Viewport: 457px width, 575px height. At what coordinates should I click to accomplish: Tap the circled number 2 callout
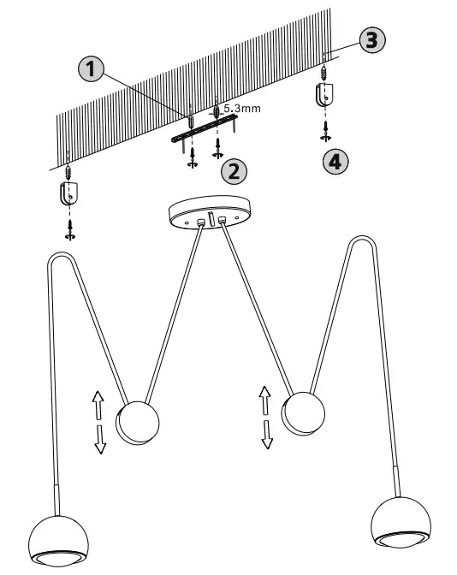tap(234, 170)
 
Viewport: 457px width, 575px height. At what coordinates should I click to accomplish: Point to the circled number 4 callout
tap(335, 162)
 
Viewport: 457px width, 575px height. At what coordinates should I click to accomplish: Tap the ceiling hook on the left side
tap(68, 193)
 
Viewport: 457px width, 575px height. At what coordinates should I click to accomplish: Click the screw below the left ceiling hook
tap(69, 228)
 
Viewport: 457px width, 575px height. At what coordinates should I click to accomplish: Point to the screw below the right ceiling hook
tap(325, 130)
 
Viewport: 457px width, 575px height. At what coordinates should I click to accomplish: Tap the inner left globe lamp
tap(139, 423)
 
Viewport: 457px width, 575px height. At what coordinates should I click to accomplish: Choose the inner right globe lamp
tap(304, 413)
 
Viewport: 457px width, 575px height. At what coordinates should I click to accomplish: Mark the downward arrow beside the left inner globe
tap(100, 438)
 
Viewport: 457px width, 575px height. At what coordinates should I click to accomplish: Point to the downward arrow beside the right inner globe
tap(267, 434)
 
